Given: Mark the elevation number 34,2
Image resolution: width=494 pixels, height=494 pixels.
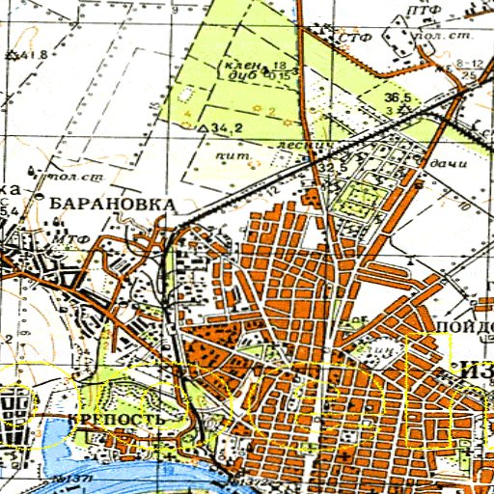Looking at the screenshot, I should coord(224,125).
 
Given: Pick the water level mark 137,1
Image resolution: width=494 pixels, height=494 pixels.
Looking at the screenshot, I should coord(71,480).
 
